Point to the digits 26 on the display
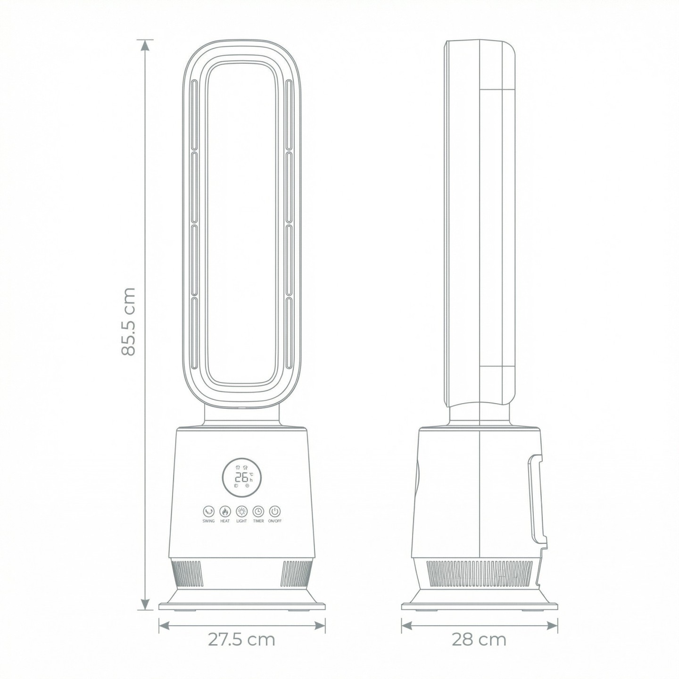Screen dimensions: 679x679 point(242,478)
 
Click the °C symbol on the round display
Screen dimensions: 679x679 point(251,474)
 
